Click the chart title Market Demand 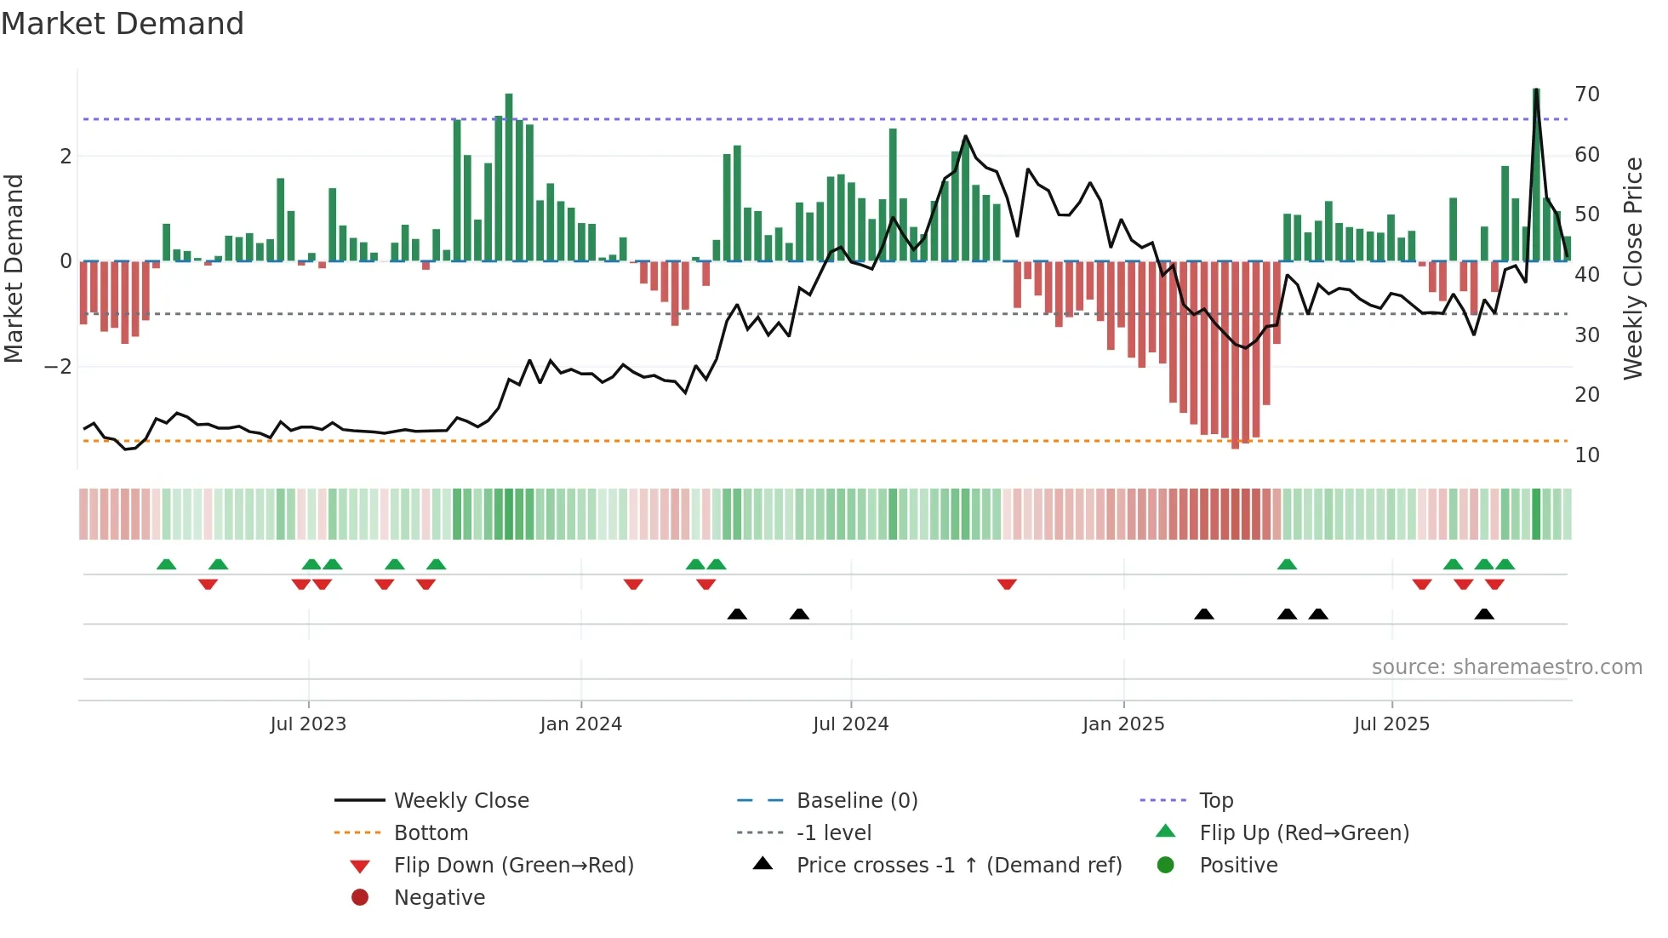[123, 23]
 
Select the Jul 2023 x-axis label [308, 724]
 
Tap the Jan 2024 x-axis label [581, 724]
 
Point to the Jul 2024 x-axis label [850, 724]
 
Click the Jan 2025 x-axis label [1123, 724]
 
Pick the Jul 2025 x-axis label [1391, 724]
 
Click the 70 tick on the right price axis [1587, 94]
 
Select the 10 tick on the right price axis [1587, 455]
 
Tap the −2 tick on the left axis [58, 367]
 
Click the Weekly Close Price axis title [1632, 268]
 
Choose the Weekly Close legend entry [460, 801]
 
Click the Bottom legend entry [431, 833]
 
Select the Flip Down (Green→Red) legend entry [513, 866]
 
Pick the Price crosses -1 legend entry [958, 866]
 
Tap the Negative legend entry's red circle [360, 898]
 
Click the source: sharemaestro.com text [1506, 667]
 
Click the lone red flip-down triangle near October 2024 [1007, 584]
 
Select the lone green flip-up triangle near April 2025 [1287, 564]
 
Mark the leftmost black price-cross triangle [737, 614]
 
